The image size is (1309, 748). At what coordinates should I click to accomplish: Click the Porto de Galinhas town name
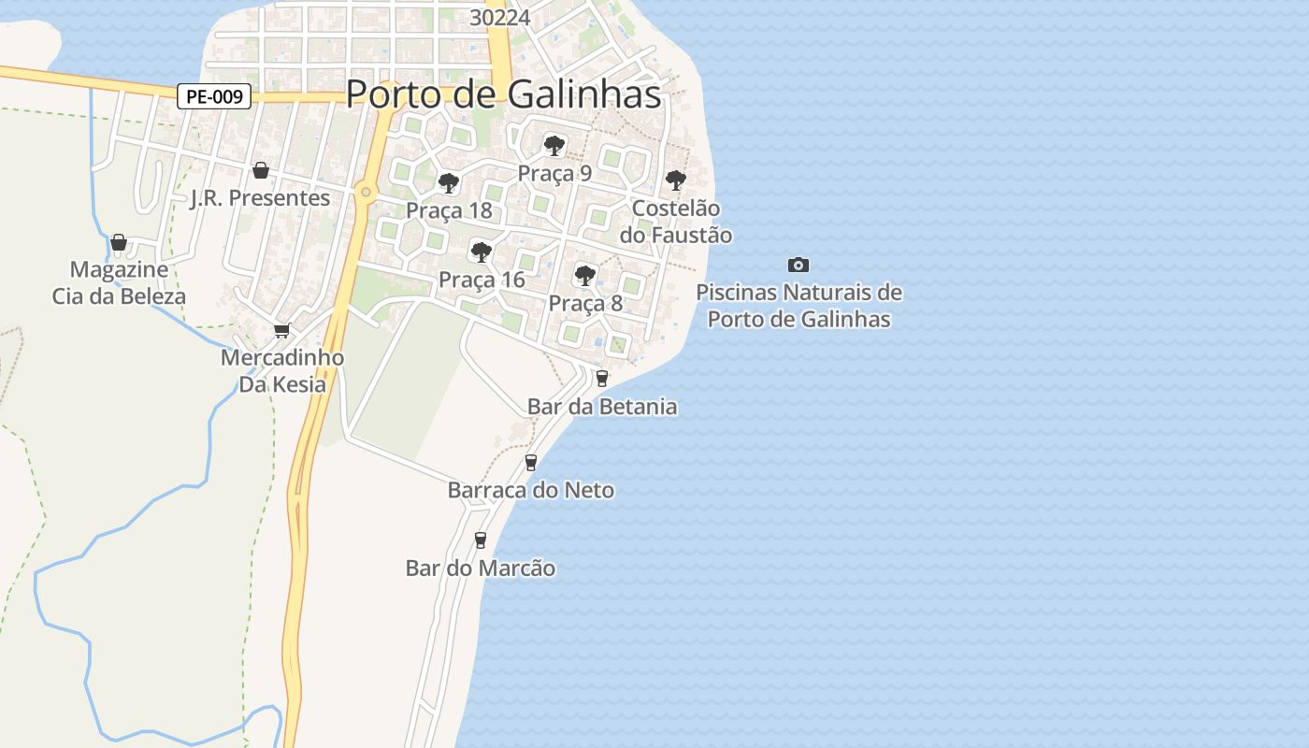[x=503, y=94]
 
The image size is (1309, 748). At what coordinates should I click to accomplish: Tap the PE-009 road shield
[x=214, y=96]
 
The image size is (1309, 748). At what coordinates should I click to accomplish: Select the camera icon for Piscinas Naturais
[x=798, y=265]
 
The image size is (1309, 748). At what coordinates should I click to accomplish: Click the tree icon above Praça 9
[x=554, y=145]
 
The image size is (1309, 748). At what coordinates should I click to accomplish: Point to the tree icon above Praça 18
[x=449, y=182]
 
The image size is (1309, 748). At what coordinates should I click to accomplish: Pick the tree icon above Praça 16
[x=482, y=252]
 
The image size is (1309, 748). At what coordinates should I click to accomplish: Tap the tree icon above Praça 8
[x=585, y=275]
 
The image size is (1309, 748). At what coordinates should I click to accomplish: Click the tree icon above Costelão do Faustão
[x=675, y=180]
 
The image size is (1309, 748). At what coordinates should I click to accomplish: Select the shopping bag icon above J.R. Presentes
[x=261, y=170]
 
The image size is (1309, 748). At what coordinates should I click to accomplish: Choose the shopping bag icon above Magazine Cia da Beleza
[x=119, y=242]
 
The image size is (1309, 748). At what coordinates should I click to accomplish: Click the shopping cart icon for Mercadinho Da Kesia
[x=281, y=330]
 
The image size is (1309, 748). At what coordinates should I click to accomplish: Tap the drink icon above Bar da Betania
[x=601, y=379]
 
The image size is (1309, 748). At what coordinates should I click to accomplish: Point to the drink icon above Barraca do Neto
[x=531, y=462]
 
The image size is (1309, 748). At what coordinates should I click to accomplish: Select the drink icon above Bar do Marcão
[x=481, y=539]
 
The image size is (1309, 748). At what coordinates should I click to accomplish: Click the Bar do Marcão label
[x=481, y=568]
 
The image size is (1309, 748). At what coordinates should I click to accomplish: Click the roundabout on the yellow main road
[x=366, y=193]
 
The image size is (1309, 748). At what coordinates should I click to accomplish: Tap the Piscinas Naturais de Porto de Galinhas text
[x=798, y=306]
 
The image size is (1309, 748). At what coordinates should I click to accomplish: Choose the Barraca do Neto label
[x=531, y=490]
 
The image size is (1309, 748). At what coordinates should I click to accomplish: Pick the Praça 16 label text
[x=482, y=280]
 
